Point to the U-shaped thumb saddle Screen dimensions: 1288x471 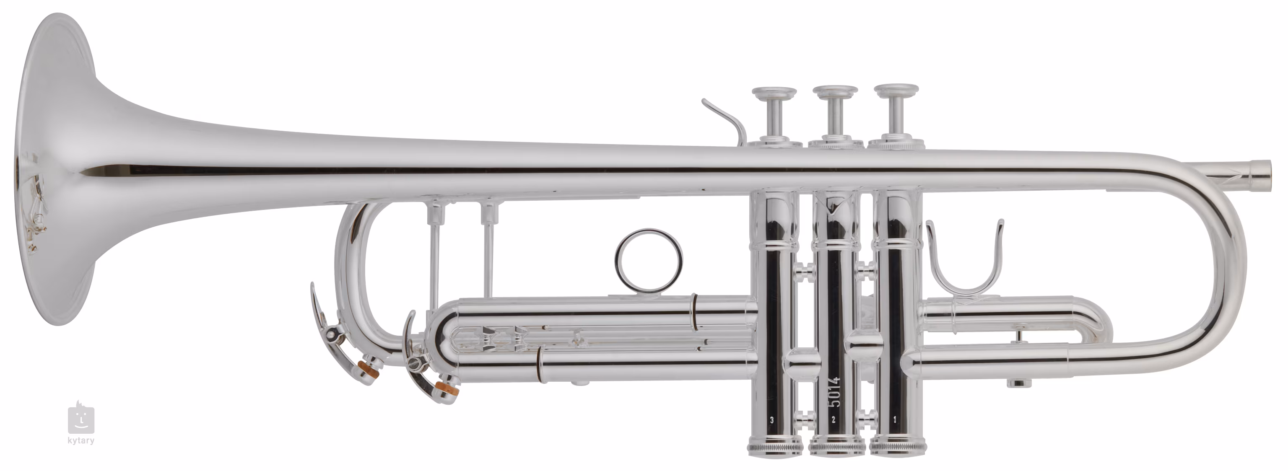pyautogui.click(x=964, y=290)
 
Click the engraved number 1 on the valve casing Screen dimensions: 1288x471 pyautogui.click(x=894, y=434)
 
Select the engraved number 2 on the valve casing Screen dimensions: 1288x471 pyautogui.click(x=834, y=434)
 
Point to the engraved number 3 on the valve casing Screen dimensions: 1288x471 pyautogui.click(x=772, y=434)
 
